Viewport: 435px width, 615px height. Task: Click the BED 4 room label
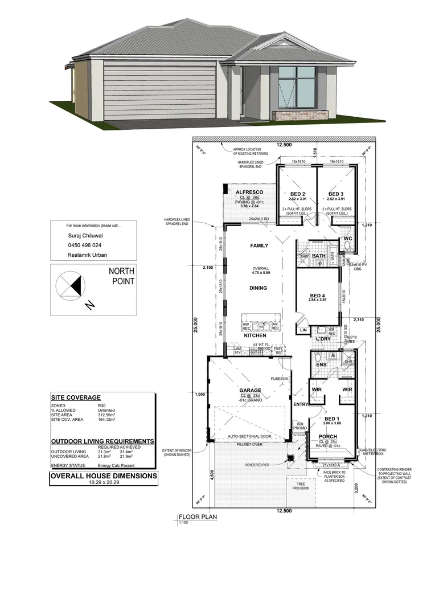318,295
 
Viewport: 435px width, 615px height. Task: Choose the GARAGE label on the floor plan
250,391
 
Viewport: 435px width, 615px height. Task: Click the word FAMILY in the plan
258,246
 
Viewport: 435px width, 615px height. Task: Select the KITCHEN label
256,336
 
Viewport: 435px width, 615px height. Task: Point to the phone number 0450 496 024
84,245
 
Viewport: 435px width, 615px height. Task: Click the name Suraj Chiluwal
86,235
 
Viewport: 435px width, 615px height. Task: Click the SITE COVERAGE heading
76,397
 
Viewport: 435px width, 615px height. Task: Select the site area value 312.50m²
106,415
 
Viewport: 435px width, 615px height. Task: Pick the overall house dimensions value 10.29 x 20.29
102,482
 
